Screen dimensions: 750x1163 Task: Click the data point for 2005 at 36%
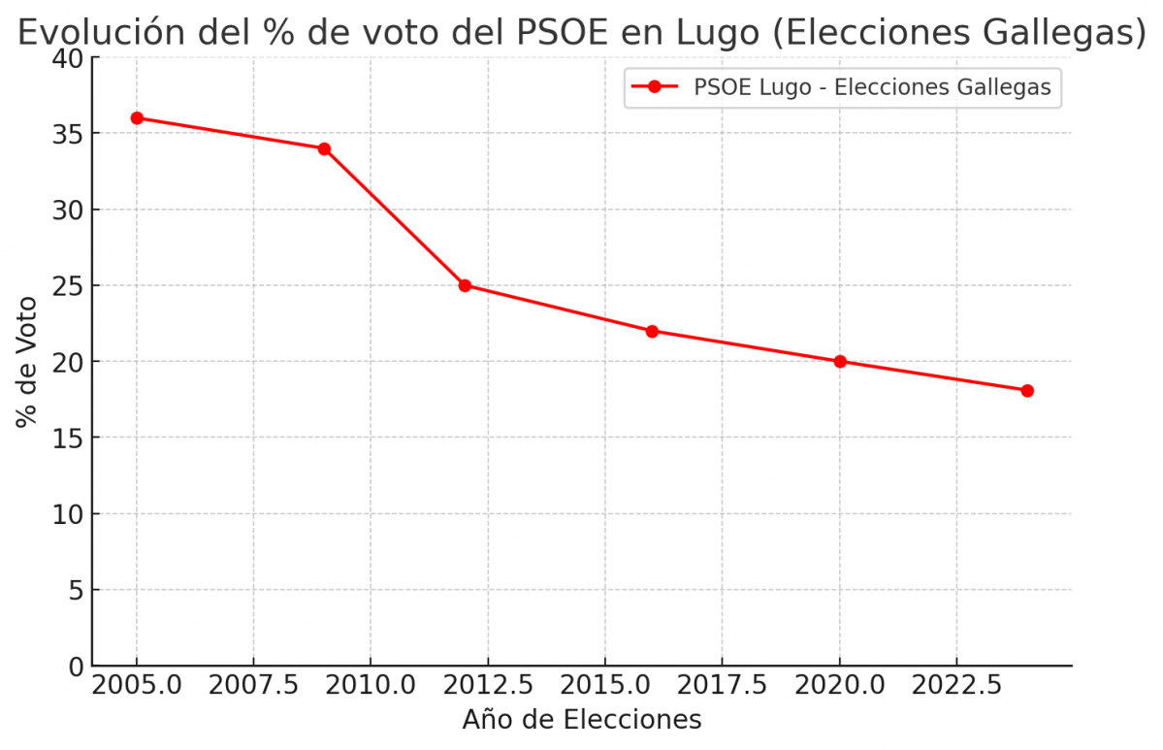(x=137, y=118)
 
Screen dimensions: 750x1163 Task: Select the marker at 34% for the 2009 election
(x=324, y=148)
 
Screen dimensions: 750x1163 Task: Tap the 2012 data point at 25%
(x=465, y=285)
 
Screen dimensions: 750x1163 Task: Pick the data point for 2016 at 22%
(x=652, y=331)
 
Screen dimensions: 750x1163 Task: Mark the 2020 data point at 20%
(x=840, y=362)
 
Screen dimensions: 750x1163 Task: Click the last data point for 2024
(x=1027, y=390)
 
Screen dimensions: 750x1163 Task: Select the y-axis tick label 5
(x=74, y=590)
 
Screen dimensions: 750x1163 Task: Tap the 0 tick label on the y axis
(x=74, y=667)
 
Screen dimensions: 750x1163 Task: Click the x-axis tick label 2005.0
(x=137, y=686)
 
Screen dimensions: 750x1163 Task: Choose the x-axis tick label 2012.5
(x=488, y=686)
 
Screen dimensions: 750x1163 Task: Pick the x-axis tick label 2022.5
(x=956, y=686)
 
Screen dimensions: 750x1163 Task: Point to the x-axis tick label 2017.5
(x=723, y=686)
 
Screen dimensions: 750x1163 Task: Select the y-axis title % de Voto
(x=27, y=362)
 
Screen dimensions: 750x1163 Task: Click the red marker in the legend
(x=654, y=87)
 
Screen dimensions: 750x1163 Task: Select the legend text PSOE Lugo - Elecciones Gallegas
(x=872, y=87)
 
